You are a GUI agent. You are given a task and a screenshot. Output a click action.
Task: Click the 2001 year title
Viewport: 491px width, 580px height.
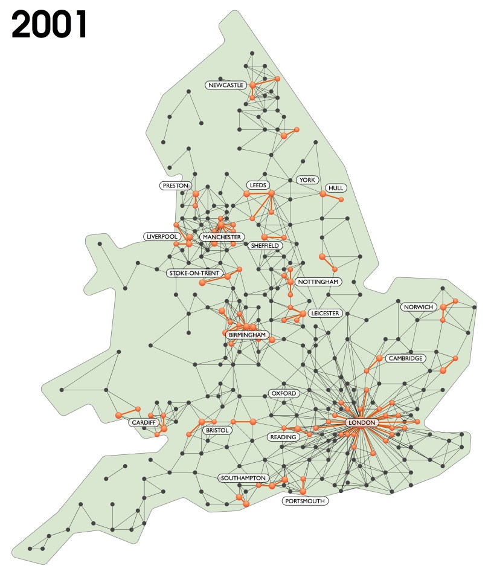tap(50, 25)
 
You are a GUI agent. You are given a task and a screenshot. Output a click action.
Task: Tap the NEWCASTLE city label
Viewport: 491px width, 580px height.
tap(225, 86)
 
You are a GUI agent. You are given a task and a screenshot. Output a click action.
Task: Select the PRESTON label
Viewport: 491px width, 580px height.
tap(176, 185)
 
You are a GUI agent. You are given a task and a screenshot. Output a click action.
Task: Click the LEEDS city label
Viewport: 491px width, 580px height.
tap(257, 185)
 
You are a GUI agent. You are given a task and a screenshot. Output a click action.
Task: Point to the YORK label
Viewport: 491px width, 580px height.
tap(307, 180)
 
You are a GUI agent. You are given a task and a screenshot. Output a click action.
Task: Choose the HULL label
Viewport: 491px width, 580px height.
tap(335, 188)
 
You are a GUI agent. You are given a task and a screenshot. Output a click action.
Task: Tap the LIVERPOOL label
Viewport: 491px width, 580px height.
tap(161, 236)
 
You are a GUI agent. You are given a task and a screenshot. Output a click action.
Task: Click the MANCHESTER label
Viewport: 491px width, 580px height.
tap(222, 237)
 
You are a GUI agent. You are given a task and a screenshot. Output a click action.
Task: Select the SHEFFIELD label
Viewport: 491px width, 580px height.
tap(265, 246)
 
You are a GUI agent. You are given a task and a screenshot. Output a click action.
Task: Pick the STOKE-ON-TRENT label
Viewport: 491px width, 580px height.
tap(194, 274)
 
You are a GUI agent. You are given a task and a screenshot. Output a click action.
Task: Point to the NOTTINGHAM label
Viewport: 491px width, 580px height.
tap(318, 282)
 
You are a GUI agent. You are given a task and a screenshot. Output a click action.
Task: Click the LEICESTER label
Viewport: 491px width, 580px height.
tap(326, 314)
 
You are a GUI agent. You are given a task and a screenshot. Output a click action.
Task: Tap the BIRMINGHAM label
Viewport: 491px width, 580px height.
tap(247, 335)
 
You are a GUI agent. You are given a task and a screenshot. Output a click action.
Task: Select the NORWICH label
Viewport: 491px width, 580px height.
tap(419, 307)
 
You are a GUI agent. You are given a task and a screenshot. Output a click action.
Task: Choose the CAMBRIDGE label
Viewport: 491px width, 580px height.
tap(405, 358)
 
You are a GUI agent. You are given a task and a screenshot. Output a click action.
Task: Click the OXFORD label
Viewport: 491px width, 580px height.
tap(283, 393)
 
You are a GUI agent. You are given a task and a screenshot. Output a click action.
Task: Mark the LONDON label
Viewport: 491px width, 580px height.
tap(362, 422)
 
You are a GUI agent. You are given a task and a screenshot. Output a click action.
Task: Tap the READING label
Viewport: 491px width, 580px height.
tap(283, 437)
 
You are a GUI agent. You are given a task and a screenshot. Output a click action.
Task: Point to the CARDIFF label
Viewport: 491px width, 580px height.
tap(143, 422)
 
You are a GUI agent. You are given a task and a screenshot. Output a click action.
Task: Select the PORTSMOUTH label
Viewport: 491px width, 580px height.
tap(305, 501)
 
